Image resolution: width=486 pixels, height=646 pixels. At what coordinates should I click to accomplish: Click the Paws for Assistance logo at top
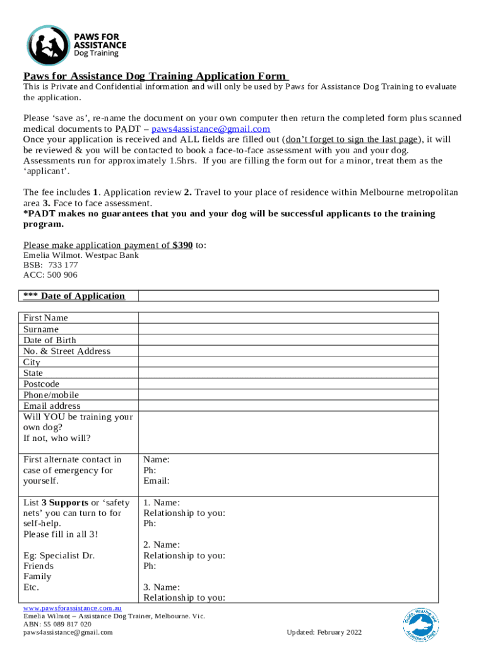[x=76, y=45]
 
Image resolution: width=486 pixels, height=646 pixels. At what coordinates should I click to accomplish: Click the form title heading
[x=155, y=76]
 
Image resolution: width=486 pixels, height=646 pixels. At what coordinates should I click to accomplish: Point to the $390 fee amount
[x=182, y=245]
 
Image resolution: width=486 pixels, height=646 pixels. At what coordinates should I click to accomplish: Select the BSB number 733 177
[x=62, y=265]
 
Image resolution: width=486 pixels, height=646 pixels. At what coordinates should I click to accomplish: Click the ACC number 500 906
[x=62, y=274]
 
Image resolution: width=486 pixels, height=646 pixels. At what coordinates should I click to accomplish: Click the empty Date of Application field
[x=288, y=296]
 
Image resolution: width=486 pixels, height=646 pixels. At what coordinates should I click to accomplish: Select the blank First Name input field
[x=288, y=318]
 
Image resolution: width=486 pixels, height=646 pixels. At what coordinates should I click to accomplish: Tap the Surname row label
[x=41, y=329]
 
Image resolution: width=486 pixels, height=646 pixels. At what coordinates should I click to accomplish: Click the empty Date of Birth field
[x=288, y=340]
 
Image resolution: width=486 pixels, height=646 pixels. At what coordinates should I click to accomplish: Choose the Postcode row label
[x=42, y=384]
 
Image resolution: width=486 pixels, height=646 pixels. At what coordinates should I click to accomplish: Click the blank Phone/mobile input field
[x=288, y=395]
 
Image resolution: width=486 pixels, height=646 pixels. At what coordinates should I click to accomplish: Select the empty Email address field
[x=288, y=406]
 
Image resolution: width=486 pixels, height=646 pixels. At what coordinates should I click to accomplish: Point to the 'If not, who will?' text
[x=57, y=438]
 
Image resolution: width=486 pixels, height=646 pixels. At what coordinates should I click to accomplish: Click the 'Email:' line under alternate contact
[x=157, y=481]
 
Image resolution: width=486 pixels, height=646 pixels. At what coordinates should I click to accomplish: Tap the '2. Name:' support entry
[x=162, y=544]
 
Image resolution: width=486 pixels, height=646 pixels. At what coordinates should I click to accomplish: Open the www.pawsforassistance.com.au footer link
[x=68, y=608]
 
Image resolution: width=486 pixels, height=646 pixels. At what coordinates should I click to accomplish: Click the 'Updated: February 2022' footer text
[x=324, y=632]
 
